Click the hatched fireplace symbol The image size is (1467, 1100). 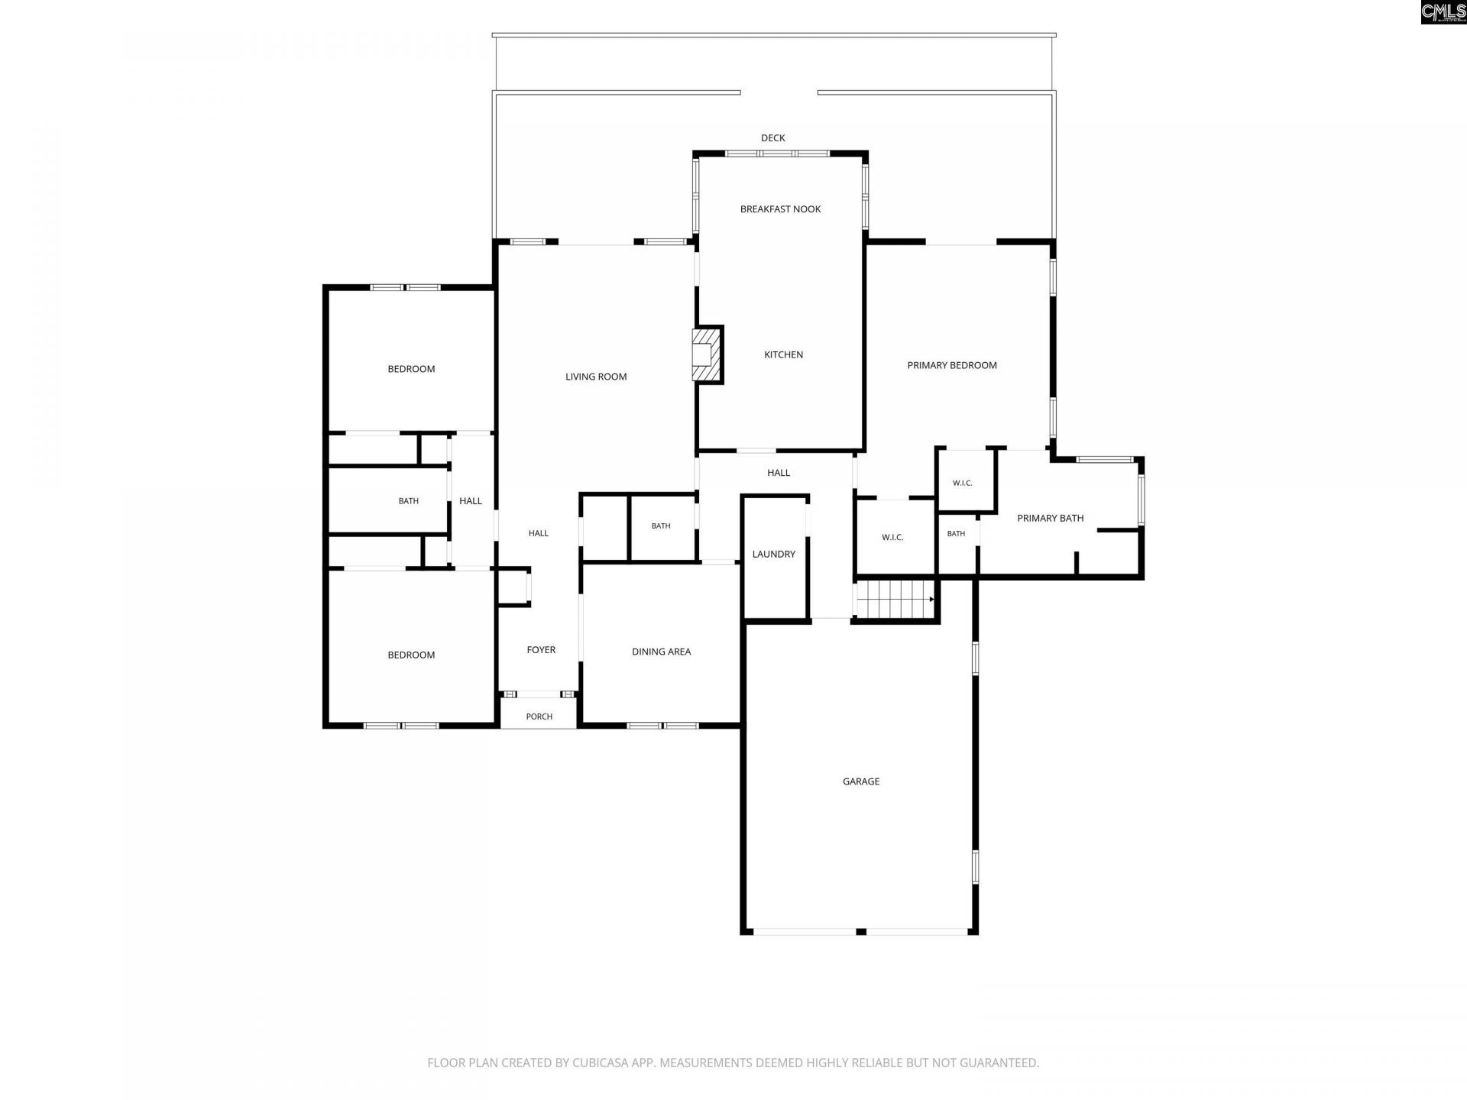pyautogui.click(x=707, y=354)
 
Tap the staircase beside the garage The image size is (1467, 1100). pyautogui.click(x=895, y=599)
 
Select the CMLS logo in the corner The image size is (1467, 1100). pyautogui.click(x=1443, y=12)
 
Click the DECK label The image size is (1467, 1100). pyautogui.click(x=773, y=138)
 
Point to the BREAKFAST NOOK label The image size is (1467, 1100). pyautogui.click(x=780, y=209)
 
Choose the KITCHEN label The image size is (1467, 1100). pyautogui.click(x=784, y=354)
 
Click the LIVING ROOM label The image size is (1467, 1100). pyautogui.click(x=596, y=377)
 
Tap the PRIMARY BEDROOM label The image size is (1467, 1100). pyautogui.click(x=952, y=365)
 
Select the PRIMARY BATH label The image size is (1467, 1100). pyautogui.click(x=1051, y=518)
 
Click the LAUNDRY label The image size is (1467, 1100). pyautogui.click(x=774, y=554)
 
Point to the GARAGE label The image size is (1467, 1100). pyautogui.click(x=861, y=781)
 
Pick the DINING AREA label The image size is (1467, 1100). pyautogui.click(x=662, y=652)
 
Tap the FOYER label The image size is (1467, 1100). pyautogui.click(x=541, y=650)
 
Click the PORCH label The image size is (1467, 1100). pyautogui.click(x=539, y=717)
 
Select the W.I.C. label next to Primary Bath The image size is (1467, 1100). pyautogui.click(x=963, y=483)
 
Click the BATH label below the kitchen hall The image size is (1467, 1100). pyautogui.click(x=661, y=526)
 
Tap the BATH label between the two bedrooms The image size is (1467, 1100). pyautogui.click(x=409, y=501)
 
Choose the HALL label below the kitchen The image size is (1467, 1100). pyautogui.click(x=779, y=473)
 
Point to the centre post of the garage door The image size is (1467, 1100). pyautogui.click(x=861, y=932)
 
